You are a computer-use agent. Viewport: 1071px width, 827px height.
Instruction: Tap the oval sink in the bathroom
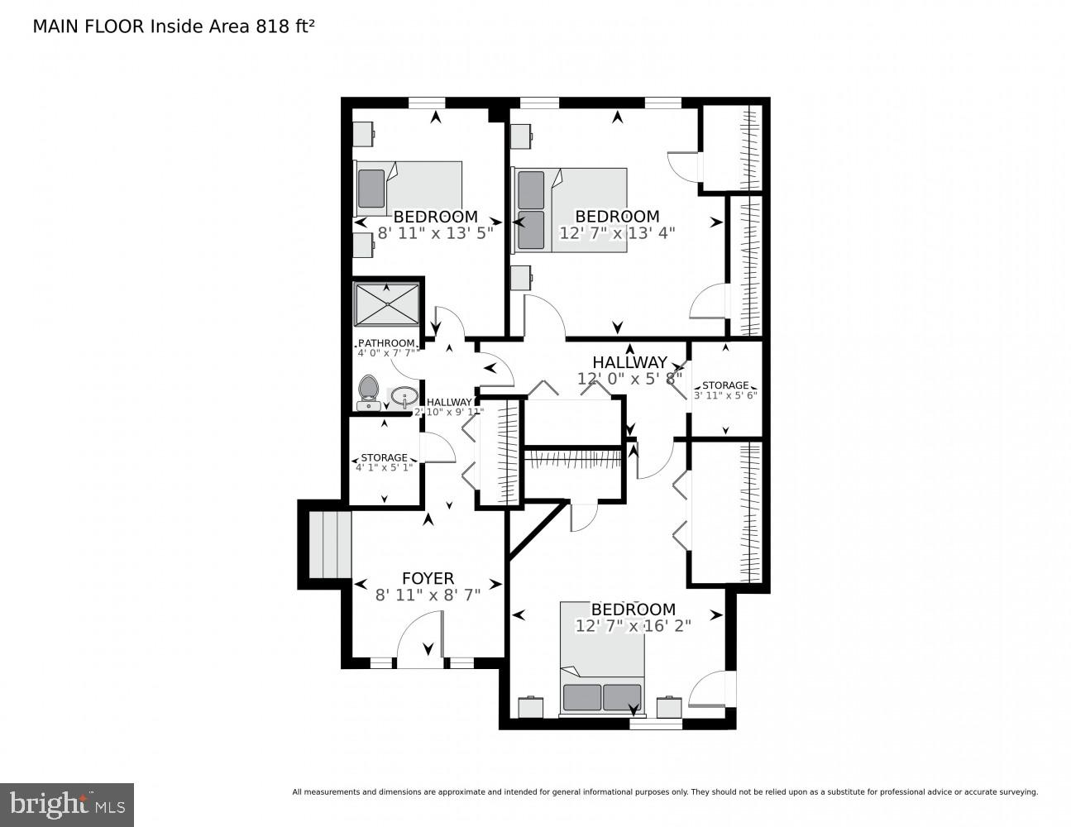[x=404, y=397]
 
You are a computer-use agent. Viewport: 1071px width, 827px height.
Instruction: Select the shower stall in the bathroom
[x=386, y=304]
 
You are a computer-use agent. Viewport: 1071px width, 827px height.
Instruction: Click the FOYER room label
[x=428, y=579]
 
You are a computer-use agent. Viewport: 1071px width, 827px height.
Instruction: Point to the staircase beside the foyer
[x=330, y=545]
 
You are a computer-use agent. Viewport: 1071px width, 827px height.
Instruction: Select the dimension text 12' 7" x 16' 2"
[x=633, y=626]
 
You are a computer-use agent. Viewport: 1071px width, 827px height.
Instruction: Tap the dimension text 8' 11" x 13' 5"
[x=435, y=233]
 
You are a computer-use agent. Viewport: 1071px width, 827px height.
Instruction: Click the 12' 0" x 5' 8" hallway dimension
[x=631, y=379]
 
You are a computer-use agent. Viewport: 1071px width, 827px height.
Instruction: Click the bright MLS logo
[x=66, y=804]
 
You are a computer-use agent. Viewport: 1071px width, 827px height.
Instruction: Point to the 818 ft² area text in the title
[x=280, y=26]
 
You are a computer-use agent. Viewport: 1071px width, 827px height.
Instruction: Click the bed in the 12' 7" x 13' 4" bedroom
[x=571, y=210]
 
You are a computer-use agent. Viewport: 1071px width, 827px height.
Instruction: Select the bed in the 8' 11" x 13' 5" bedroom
[x=408, y=189]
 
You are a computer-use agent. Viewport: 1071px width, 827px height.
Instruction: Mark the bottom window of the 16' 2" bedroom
[x=656, y=724]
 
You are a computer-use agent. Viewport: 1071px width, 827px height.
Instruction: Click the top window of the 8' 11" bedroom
[x=428, y=103]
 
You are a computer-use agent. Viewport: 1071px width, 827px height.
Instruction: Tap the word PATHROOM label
[x=386, y=343]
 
